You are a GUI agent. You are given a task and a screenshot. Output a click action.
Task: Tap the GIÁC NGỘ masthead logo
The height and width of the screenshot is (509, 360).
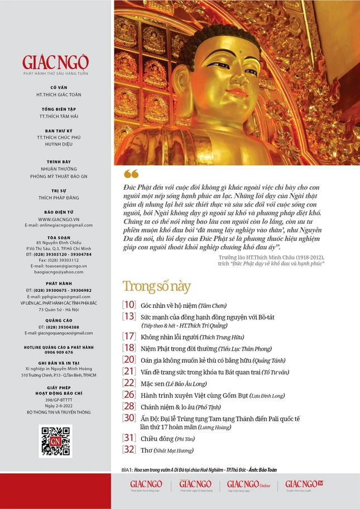click(56, 62)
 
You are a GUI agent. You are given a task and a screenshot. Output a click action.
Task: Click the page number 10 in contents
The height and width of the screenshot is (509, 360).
click(129, 305)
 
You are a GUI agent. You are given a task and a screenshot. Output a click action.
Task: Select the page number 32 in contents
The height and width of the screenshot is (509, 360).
click(129, 449)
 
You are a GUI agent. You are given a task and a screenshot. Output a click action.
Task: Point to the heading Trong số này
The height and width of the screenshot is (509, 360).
click(156, 287)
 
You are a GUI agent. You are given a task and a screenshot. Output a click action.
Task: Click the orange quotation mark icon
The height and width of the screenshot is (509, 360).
click(131, 174)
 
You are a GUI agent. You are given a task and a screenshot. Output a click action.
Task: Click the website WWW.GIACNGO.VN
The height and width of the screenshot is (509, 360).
click(56, 219)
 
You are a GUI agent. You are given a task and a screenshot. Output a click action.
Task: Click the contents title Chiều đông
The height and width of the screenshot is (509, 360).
click(156, 439)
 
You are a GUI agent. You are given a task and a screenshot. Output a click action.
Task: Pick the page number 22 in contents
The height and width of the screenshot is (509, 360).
click(129, 383)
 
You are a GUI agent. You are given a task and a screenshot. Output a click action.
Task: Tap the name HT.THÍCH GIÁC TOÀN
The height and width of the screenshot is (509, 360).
click(56, 95)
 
